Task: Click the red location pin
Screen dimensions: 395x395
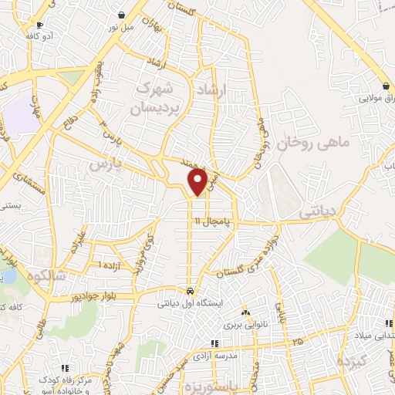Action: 198,181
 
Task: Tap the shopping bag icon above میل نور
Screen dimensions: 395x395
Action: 122,15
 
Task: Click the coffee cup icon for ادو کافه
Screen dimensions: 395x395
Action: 40,25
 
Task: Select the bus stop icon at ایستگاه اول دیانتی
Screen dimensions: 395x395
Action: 190,291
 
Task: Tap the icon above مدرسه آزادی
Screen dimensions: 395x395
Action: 215,343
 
